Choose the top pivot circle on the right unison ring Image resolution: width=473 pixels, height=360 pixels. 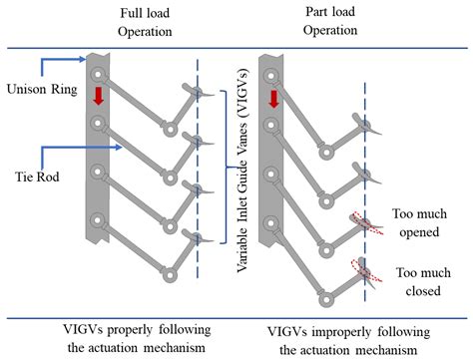[x=271, y=75]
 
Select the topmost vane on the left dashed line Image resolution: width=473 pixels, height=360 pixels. [x=201, y=94]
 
